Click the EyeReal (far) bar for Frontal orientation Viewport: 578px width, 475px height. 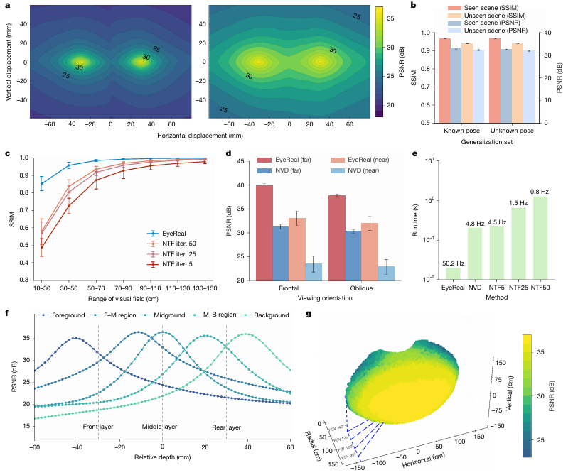tap(264, 232)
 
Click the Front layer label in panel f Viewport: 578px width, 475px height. tap(97, 428)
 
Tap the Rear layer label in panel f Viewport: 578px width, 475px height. tap(227, 428)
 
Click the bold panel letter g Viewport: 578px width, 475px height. tap(309, 313)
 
